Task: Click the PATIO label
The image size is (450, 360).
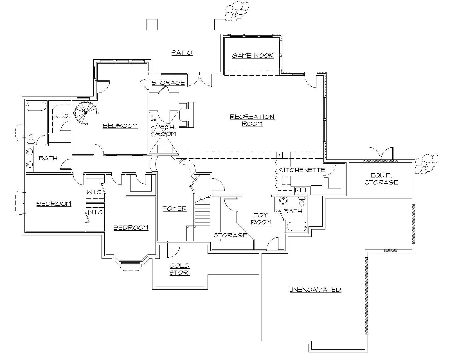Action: pyautogui.click(x=182, y=53)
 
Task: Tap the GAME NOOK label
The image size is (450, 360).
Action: pyautogui.click(x=253, y=55)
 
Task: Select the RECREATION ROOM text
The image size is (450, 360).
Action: pyautogui.click(x=252, y=120)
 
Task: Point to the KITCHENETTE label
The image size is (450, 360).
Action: pyautogui.click(x=301, y=170)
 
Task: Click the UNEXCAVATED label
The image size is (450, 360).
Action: pyautogui.click(x=315, y=290)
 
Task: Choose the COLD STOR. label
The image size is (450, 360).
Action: pyautogui.click(x=179, y=269)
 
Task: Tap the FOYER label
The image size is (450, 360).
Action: pyautogui.click(x=175, y=209)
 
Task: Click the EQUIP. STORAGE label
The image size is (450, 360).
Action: pyautogui.click(x=381, y=179)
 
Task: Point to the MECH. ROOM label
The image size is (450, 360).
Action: pyautogui.click(x=166, y=130)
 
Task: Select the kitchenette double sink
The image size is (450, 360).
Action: pyautogui.click(x=300, y=190)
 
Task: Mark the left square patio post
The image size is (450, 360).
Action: pyautogui.click(x=152, y=24)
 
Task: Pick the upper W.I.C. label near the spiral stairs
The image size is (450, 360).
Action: pyautogui.click(x=61, y=116)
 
